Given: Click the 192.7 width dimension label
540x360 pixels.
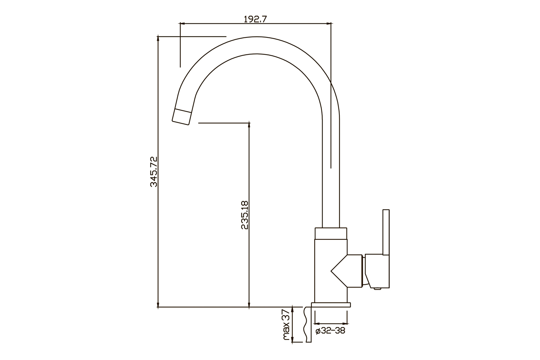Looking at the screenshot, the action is tap(255, 19).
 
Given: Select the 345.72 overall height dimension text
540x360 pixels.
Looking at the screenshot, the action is tap(154, 172).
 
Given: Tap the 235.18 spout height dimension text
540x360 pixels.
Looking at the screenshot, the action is tap(245, 215).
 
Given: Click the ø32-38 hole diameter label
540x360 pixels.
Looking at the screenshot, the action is tap(330, 330).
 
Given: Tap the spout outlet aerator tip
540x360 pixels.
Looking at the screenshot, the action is tap(182, 117).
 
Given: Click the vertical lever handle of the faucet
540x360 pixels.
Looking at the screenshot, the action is tap(386, 232).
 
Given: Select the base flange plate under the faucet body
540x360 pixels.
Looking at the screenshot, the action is tap(331, 305).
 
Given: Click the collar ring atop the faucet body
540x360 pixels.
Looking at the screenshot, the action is tap(331, 233).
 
